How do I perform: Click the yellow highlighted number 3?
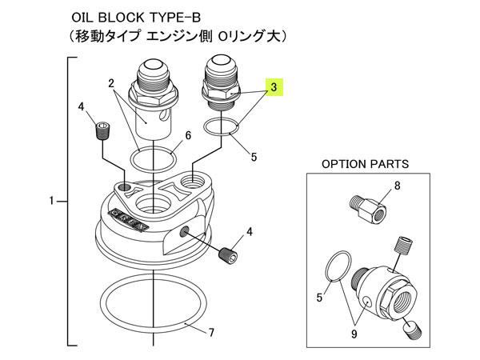(x=274, y=87)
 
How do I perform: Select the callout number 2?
(x=112, y=83)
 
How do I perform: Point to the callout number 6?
(x=188, y=136)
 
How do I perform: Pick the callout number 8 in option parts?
(x=395, y=189)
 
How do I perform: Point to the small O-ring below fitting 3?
(x=222, y=126)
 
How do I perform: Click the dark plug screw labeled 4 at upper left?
(x=102, y=130)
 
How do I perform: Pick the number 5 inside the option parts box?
(x=320, y=298)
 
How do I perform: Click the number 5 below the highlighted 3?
(x=254, y=157)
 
